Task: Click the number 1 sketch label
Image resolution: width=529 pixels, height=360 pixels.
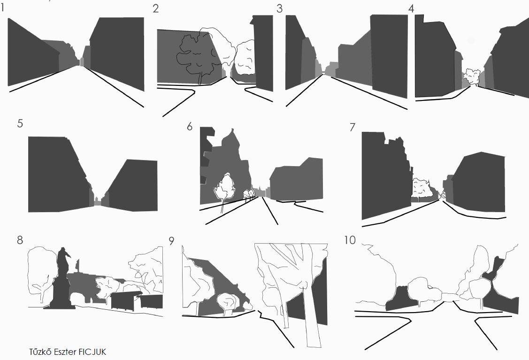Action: [2, 8]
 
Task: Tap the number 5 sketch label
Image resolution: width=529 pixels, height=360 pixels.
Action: [20, 123]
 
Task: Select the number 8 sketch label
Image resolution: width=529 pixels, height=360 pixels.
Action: [20, 240]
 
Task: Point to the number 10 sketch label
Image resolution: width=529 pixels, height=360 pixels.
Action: [350, 240]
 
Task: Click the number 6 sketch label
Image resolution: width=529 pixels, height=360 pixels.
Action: [190, 127]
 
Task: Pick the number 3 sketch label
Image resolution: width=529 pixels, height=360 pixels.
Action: [279, 8]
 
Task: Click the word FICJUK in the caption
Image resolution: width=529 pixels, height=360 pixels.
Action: [92, 352]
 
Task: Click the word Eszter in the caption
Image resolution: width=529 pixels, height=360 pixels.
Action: [66, 352]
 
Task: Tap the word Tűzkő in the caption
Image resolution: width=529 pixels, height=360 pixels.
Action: [41, 352]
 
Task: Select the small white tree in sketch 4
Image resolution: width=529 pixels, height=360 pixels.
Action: [472, 77]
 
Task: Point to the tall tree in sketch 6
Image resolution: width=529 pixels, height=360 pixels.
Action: [224, 189]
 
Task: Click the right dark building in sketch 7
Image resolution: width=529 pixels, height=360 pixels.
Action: [479, 182]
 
